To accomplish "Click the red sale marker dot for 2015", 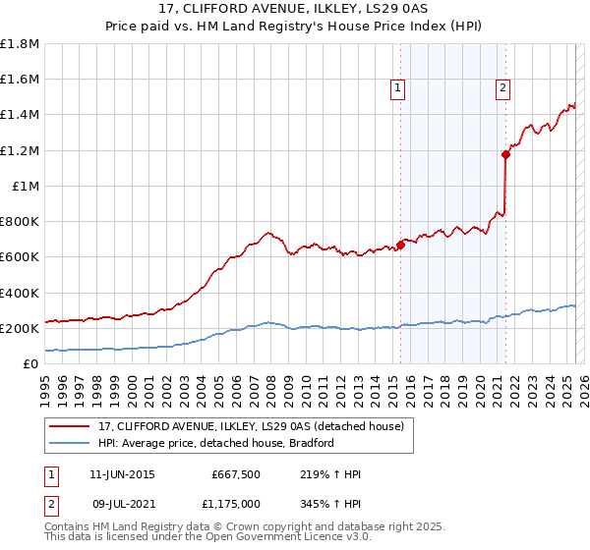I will [x=401, y=245].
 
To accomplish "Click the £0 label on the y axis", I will [x=30, y=363].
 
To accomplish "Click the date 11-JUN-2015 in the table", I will [x=122, y=474].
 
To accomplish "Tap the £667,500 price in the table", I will [x=234, y=474].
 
